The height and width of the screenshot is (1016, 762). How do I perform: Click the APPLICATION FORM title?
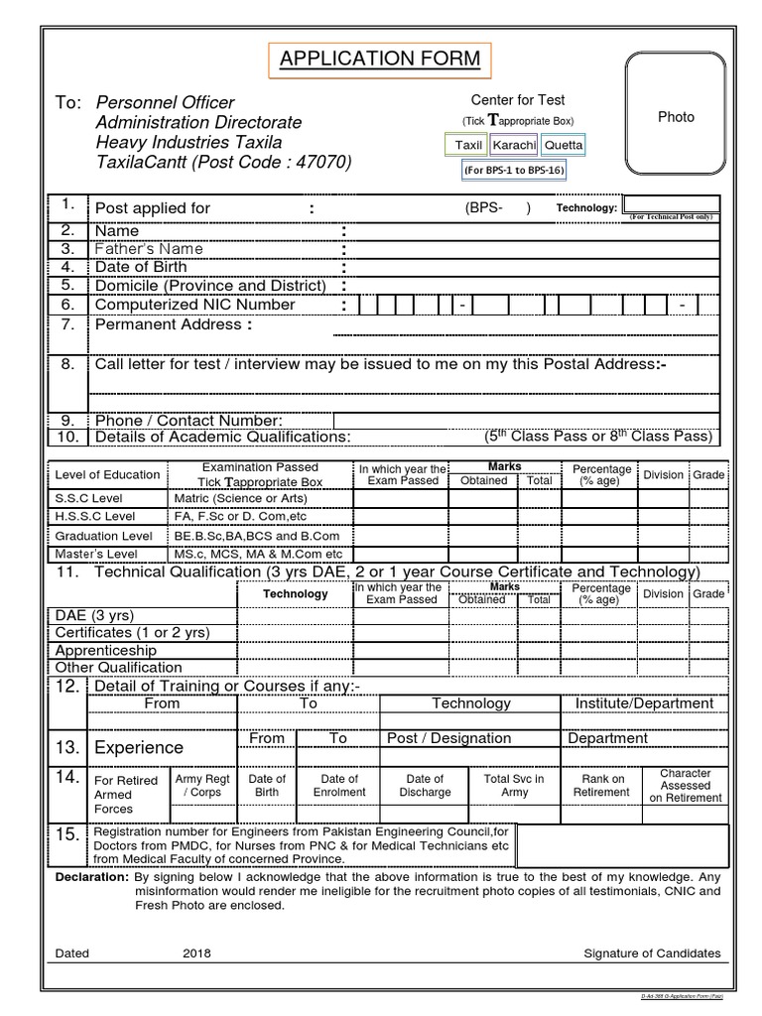[380, 61]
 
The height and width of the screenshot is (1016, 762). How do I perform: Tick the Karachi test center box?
[513, 145]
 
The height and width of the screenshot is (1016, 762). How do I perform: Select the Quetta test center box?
[564, 145]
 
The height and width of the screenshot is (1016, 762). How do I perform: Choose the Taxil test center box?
[467, 145]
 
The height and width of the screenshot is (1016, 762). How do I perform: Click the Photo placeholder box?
[676, 116]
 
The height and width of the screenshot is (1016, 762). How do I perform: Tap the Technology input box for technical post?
[668, 206]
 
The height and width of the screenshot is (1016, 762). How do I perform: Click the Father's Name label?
[149, 249]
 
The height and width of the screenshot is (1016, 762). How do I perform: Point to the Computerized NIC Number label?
[193, 305]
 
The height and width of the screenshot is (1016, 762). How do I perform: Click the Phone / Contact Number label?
[189, 421]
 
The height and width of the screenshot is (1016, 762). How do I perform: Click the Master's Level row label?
[95, 554]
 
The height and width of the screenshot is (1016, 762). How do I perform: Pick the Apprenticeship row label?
[105, 650]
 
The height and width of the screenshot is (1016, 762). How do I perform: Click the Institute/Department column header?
[644, 703]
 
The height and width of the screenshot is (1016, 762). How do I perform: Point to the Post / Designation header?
[448, 738]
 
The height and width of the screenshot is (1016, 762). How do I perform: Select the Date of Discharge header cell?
[425, 786]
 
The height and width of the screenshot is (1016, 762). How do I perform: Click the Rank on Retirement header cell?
[601, 786]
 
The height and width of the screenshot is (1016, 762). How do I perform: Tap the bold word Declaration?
[91, 878]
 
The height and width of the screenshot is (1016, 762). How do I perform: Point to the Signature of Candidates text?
[652, 953]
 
